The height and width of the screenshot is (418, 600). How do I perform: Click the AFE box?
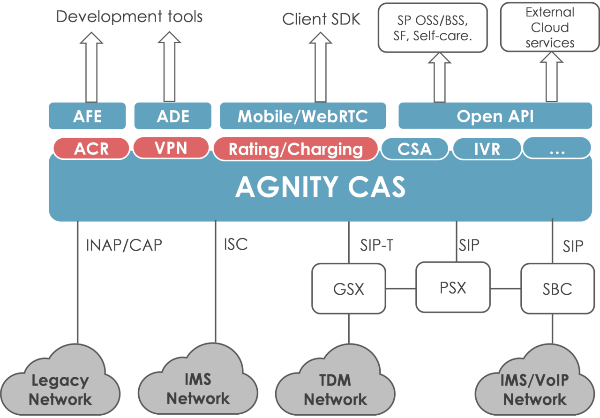(x=87, y=116)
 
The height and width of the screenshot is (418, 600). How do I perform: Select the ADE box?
(x=173, y=116)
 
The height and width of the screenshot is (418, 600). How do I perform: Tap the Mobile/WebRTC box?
(x=303, y=116)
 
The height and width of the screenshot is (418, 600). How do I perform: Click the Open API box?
(x=495, y=116)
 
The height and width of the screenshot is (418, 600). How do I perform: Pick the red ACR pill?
(x=91, y=149)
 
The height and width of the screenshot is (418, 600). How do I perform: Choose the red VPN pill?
(x=171, y=148)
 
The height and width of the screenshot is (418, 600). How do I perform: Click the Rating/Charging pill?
(x=295, y=149)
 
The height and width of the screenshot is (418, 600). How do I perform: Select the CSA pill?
(x=414, y=149)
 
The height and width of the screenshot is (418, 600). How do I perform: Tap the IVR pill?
(x=487, y=149)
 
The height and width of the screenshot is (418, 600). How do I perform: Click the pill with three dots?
(x=557, y=149)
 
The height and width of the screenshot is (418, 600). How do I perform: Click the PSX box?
(x=453, y=287)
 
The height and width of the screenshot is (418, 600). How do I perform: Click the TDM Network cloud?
(x=335, y=389)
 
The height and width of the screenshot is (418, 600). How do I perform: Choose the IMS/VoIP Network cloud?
(x=535, y=389)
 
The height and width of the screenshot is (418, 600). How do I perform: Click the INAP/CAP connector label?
(x=124, y=245)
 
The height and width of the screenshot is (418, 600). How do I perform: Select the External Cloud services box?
(x=549, y=27)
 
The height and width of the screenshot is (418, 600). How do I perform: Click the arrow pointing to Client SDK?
(x=320, y=66)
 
